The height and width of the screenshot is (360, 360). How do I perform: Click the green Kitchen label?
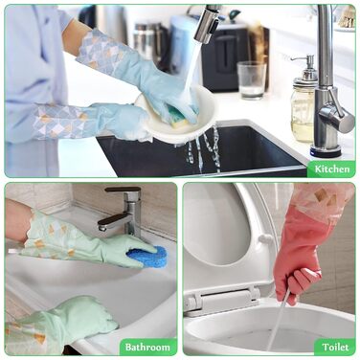click(331, 169)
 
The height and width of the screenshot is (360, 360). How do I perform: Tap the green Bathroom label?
click(147, 347)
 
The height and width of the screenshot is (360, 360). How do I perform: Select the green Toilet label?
click(335, 347)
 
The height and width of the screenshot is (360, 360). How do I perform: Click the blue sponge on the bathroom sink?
click(147, 256)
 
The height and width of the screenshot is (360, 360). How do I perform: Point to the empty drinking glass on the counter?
click(251, 79)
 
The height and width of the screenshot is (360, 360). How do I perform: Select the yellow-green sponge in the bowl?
click(179, 118)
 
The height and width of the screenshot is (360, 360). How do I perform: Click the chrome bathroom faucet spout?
click(114, 221)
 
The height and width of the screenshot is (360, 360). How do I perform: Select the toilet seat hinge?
click(223, 300)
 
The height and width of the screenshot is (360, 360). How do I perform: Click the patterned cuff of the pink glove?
click(323, 199)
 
